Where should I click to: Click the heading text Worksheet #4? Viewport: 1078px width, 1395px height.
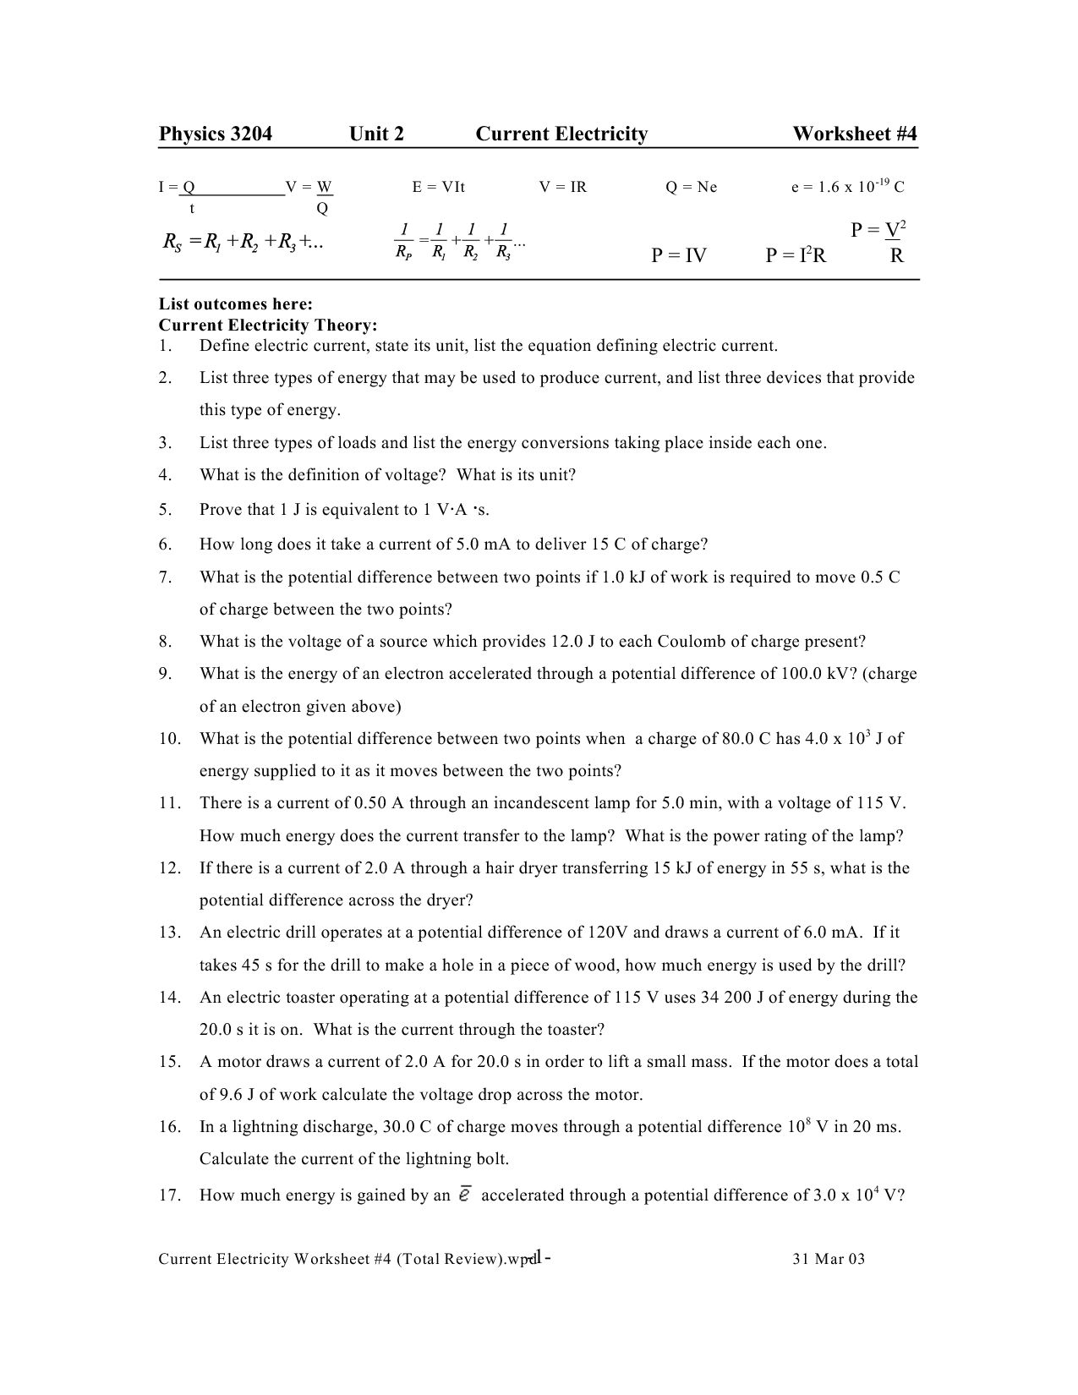[854, 134]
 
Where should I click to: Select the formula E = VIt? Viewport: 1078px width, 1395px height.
[438, 187]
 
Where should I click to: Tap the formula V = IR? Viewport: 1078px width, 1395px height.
[562, 187]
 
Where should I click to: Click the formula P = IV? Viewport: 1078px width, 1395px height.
[678, 255]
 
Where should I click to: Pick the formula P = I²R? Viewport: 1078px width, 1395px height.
[795, 255]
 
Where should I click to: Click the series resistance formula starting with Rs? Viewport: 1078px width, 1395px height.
[243, 243]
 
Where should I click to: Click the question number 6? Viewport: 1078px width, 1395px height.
[165, 544]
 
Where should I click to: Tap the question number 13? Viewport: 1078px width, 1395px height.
[169, 933]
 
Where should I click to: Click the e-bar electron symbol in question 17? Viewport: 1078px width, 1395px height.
[464, 1195]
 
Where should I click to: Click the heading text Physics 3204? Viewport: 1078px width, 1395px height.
[216, 134]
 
